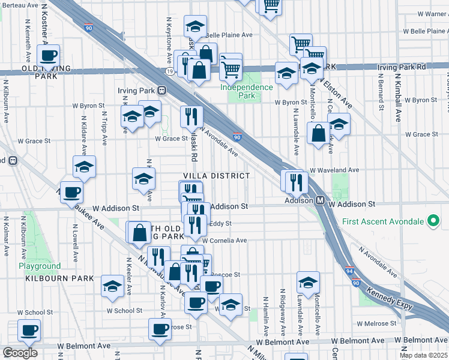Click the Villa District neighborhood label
pos(216,176)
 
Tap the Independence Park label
pos(246,91)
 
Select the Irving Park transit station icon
pos(161,91)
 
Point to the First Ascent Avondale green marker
pos(431,221)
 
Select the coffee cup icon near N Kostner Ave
pos(48,56)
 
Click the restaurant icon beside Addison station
pos(297,180)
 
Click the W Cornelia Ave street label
pos(224,241)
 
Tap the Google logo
pos(20,353)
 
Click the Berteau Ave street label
pos(19,5)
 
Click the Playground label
pos(39,266)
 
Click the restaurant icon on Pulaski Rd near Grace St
pos(192,116)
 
